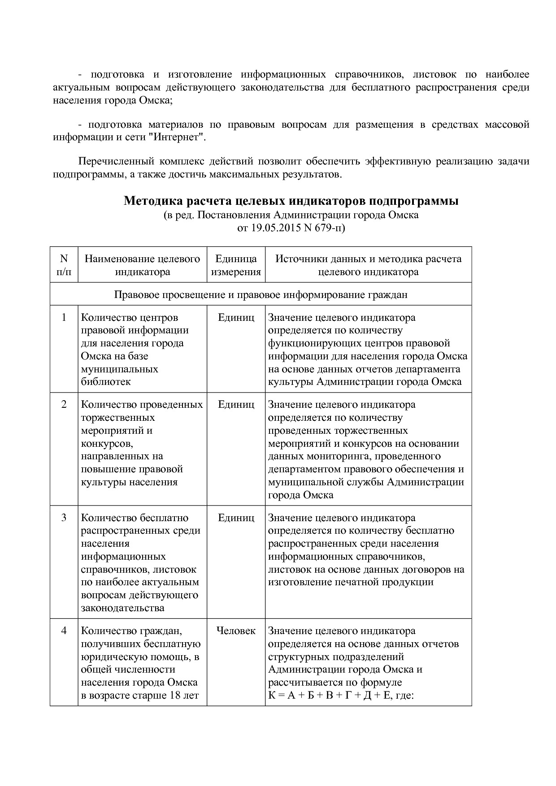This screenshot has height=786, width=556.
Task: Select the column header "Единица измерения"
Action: click(x=236, y=265)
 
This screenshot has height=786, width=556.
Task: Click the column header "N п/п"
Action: click(x=64, y=265)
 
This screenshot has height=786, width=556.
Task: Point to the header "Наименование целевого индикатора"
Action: click(x=142, y=265)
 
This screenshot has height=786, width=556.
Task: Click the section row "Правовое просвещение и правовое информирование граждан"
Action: click(x=261, y=295)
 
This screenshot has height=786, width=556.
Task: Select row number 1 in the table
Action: click(x=64, y=318)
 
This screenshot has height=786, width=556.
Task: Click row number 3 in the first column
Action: click(x=64, y=518)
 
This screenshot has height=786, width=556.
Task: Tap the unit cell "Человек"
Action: click(x=236, y=631)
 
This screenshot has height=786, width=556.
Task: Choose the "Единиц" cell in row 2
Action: click(x=236, y=405)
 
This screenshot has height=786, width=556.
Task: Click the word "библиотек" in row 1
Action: click(x=106, y=382)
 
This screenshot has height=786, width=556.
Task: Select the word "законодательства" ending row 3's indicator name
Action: click(x=122, y=609)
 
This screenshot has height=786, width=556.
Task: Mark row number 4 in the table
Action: click(x=64, y=631)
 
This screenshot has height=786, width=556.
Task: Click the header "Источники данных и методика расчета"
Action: click(x=368, y=259)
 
